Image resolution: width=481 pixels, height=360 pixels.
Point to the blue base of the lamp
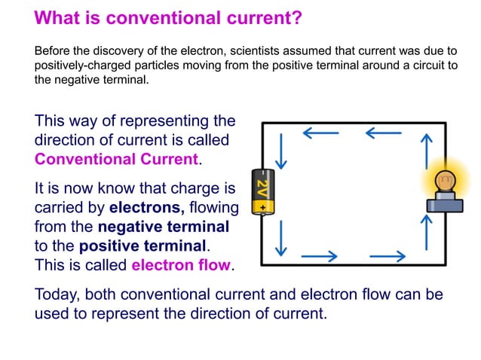tap(445, 203)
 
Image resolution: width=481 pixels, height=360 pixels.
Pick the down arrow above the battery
tap(281, 151)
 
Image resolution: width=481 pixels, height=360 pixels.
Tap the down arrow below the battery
tap(281, 238)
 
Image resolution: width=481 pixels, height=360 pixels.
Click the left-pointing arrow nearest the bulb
tap(384, 134)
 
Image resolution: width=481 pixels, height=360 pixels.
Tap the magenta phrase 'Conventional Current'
tap(117, 159)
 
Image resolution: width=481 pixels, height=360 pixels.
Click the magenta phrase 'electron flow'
tap(182, 265)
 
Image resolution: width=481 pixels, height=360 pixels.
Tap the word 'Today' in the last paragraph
tap(55, 293)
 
